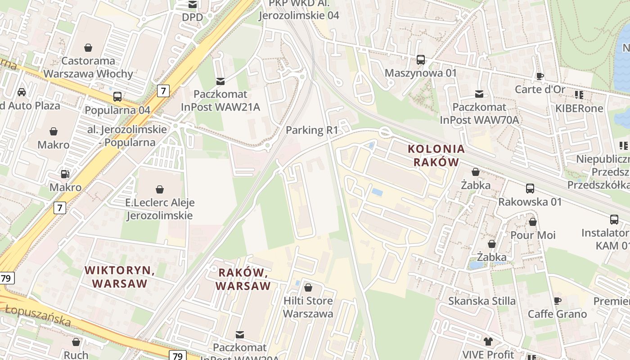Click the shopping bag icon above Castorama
88,48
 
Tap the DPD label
192,17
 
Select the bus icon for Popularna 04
117,97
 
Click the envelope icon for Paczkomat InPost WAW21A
220,81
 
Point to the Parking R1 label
312,130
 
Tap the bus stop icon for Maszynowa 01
421,60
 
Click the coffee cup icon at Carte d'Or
540,76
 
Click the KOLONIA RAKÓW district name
436,155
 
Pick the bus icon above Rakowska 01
530,189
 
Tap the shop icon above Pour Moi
533,222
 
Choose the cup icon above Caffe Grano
557,301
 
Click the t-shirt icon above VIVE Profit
488,342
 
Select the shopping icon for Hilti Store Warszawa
308,288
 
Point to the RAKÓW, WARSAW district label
243,279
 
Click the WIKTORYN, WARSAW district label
120,277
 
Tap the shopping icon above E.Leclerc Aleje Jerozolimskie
159,189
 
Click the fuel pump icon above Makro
65,174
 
